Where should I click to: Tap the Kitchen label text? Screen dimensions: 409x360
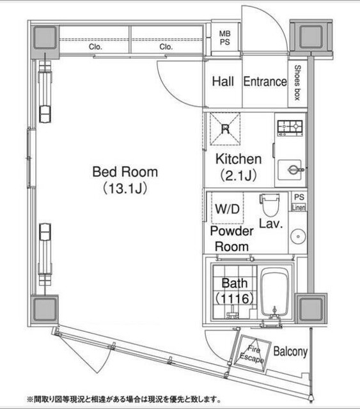[238, 159]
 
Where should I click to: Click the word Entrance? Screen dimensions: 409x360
[265, 82]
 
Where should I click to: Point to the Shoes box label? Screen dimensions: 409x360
[298, 83]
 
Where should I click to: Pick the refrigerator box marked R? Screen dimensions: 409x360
[225, 130]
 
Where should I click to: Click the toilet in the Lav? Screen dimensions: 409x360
[270, 205]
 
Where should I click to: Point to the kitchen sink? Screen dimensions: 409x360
[293, 169]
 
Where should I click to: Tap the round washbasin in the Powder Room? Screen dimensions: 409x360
[297, 236]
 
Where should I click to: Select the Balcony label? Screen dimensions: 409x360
[291, 351]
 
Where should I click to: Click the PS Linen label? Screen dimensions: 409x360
[299, 203]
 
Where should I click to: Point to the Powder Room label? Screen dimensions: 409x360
[231, 238]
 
